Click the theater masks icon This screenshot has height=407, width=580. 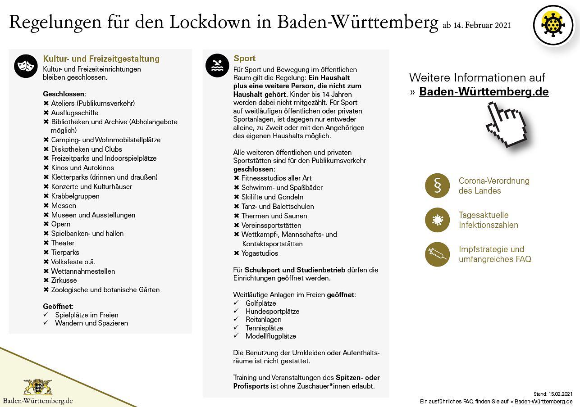point(26,66)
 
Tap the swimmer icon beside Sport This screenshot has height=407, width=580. point(217,65)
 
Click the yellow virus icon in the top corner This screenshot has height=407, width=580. point(553,25)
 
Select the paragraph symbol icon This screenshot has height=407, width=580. point(437,185)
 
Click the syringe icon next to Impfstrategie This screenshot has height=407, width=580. point(437,254)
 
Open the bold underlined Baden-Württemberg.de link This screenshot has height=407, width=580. point(484,91)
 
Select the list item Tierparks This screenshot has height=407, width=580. point(65,252)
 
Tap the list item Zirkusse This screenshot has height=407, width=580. point(64,280)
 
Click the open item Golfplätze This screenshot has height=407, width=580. point(260,303)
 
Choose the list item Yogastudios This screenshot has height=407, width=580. point(260,253)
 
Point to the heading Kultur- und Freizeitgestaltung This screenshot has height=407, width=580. point(101,59)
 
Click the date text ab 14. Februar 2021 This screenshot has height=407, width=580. point(476,25)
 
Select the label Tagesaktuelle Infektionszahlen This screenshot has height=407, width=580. point(488,220)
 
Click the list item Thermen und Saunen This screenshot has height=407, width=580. point(274,216)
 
